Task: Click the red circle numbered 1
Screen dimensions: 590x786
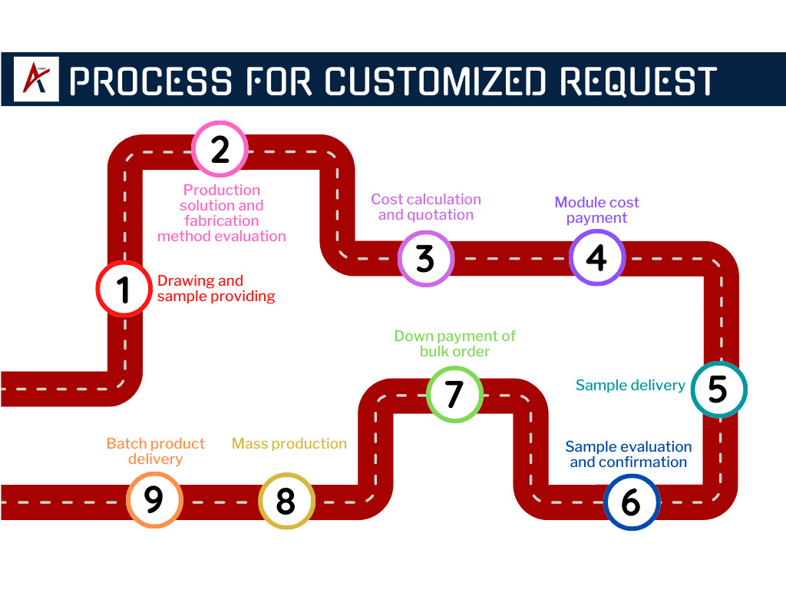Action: (124, 289)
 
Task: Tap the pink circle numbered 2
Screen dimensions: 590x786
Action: (220, 149)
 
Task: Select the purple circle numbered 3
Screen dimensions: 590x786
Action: (426, 259)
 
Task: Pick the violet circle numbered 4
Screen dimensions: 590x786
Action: (597, 258)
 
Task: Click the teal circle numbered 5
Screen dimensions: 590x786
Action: (718, 389)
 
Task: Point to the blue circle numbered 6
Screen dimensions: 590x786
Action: (631, 502)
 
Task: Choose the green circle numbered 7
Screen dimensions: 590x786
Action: (454, 393)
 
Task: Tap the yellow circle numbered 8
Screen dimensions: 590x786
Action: (286, 501)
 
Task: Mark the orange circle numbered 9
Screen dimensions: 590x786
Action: (154, 499)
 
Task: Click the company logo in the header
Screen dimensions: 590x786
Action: (36, 79)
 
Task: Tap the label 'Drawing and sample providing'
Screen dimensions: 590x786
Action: (216, 288)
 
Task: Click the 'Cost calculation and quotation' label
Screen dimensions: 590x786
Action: (426, 207)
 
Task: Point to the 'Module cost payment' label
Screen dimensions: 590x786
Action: (597, 210)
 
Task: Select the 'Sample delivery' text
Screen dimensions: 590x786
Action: (630, 385)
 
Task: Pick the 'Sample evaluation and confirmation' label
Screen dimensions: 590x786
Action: (628, 454)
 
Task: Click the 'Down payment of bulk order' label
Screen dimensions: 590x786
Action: (454, 343)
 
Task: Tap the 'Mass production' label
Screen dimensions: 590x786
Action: (289, 443)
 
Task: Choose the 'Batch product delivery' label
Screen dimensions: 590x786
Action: (156, 451)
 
